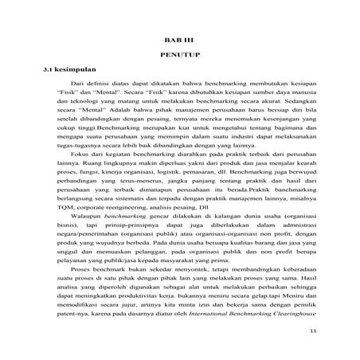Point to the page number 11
312,331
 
